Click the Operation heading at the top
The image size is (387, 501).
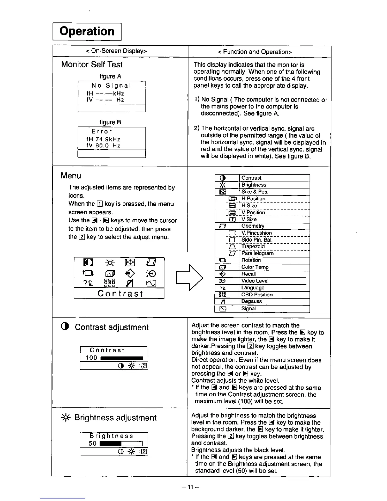(87, 31)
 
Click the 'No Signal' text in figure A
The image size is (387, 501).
(111, 86)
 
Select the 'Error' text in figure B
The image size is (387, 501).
(102, 131)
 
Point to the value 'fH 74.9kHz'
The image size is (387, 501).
(103, 139)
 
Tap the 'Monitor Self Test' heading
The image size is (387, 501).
(92, 65)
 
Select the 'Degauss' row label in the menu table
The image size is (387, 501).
(251, 301)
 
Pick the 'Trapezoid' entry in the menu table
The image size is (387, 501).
(253, 246)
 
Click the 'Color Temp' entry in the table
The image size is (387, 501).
(255, 267)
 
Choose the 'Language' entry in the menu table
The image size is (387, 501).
(253, 288)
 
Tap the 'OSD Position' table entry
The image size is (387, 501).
(257, 294)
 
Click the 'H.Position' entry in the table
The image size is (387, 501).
(253, 199)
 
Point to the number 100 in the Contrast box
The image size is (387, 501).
(92, 358)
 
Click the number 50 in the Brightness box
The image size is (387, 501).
(93, 443)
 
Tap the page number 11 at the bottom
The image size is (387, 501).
(190, 487)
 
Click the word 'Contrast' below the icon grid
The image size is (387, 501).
(120, 294)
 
